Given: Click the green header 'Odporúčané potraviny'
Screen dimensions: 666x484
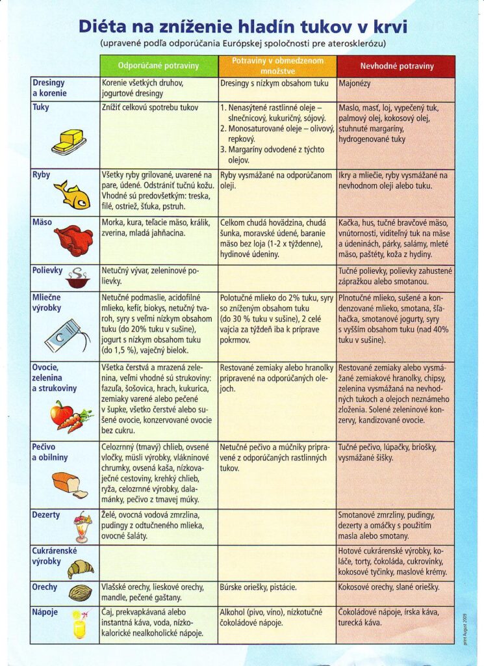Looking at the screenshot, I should pyautogui.click(x=159, y=66).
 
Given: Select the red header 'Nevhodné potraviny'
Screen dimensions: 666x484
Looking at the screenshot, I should pyautogui.click(x=396, y=66).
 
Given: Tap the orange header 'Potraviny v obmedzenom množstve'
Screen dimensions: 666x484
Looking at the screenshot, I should pyautogui.click(x=277, y=66).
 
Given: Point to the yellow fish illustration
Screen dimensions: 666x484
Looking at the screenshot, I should pyautogui.click(x=71, y=195).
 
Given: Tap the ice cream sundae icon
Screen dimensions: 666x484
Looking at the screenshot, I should pyautogui.click(x=82, y=526).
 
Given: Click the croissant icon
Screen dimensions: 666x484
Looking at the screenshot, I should pyautogui.click(x=81, y=570).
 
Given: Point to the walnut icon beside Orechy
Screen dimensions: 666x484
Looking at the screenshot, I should pyautogui.click(x=80, y=593).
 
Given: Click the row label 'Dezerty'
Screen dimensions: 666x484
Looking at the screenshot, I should pyautogui.click(x=46, y=515).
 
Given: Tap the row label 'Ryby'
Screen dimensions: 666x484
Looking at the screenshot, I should pyautogui.click(x=42, y=175).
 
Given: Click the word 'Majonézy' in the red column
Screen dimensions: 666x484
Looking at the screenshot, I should pyautogui.click(x=357, y=83).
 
